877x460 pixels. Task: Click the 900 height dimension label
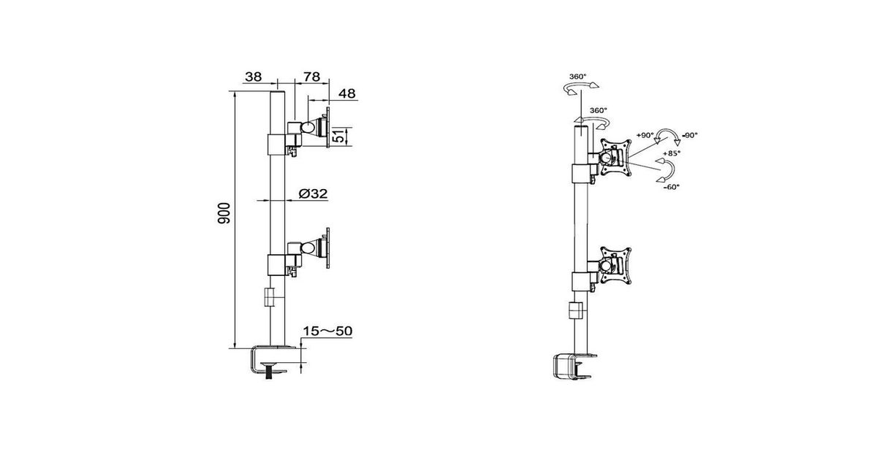[x=224, y=213]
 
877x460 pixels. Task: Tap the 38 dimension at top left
[x=253, y=77]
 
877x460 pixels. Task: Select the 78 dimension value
[x=311, y=77]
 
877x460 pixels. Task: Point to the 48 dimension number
[x=347, y=93]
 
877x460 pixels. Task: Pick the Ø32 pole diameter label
[x=313, y=193]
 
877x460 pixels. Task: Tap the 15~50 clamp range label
[x=327, y=331]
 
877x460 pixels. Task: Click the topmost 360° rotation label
[x=577, y=77]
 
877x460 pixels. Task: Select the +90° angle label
[x=645, y=135]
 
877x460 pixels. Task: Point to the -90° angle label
[x=690, y=135]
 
